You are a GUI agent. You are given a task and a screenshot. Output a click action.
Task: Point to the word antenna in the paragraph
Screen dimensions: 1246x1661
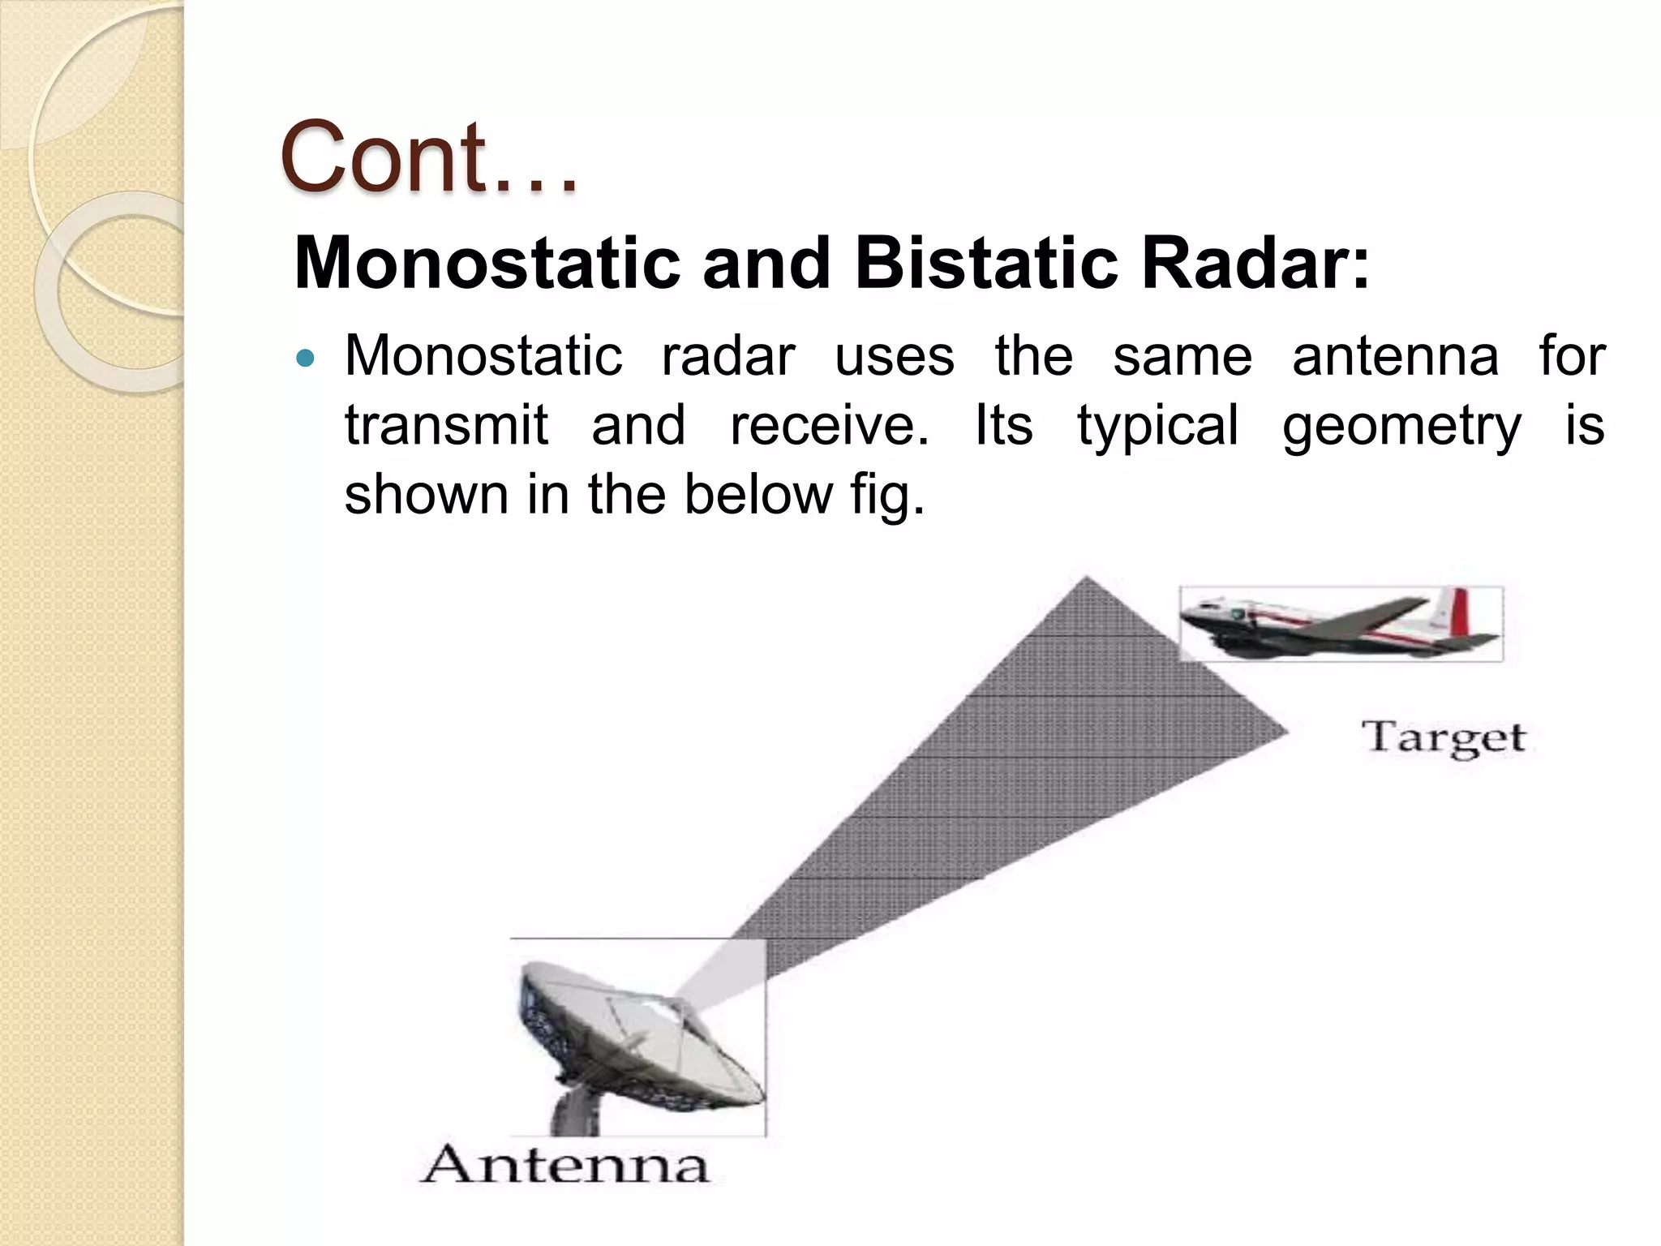[1395, 357]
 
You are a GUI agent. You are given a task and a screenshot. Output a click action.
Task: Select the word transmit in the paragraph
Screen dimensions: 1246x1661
[446, 425]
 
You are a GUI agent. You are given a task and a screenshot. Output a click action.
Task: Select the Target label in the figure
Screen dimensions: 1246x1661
[1444, 738]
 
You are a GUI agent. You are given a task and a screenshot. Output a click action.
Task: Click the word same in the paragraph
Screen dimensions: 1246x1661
[1182, 357]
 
